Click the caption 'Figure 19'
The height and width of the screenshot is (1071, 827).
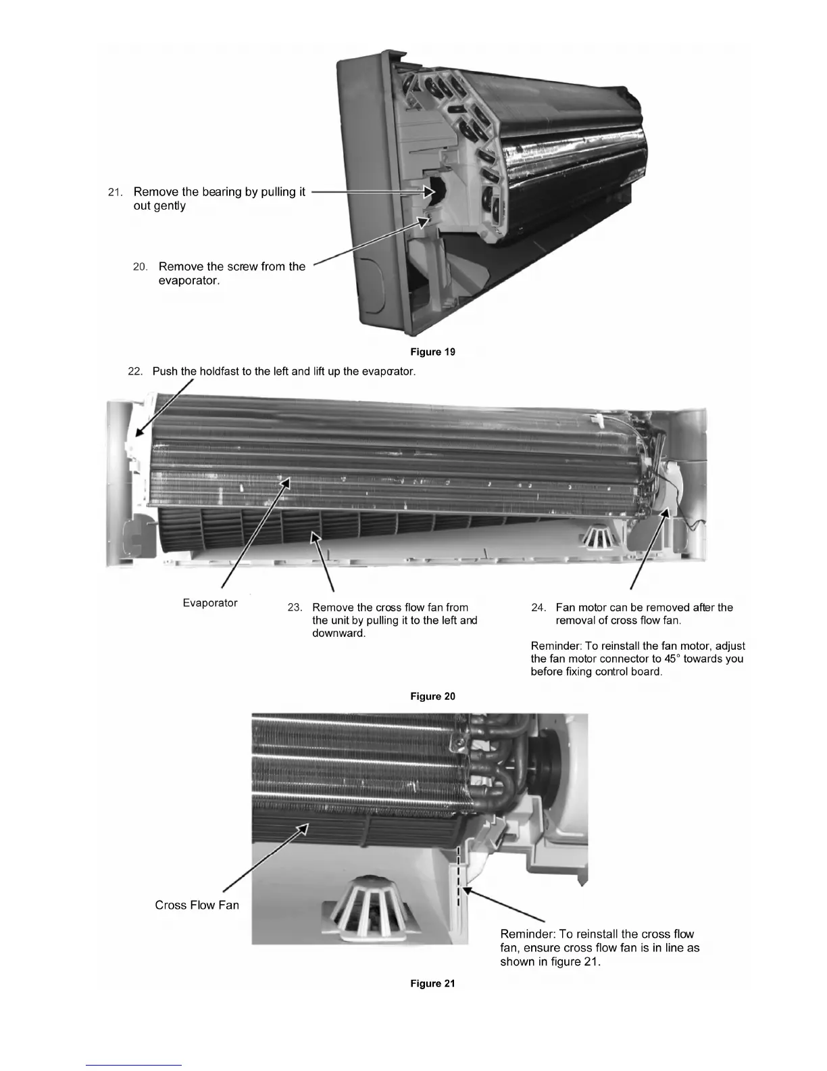tap(432, 352)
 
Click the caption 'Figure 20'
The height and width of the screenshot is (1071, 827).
tap(432, 696)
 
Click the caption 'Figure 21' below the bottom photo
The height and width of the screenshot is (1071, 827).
tap(432, 983)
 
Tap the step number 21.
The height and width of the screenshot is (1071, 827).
tap(116, 193)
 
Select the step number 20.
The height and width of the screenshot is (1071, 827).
tap(140, 267)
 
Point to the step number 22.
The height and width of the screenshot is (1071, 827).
tap(135, 372)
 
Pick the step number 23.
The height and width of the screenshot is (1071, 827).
tap(295, 608)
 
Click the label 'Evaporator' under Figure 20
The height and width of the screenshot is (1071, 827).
tap(210, 602)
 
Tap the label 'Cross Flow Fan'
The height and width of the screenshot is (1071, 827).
tap(197, 905)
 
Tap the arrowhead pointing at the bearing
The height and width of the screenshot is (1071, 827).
tap(428, 192)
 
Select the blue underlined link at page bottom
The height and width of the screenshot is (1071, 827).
tap(134, 1065)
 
